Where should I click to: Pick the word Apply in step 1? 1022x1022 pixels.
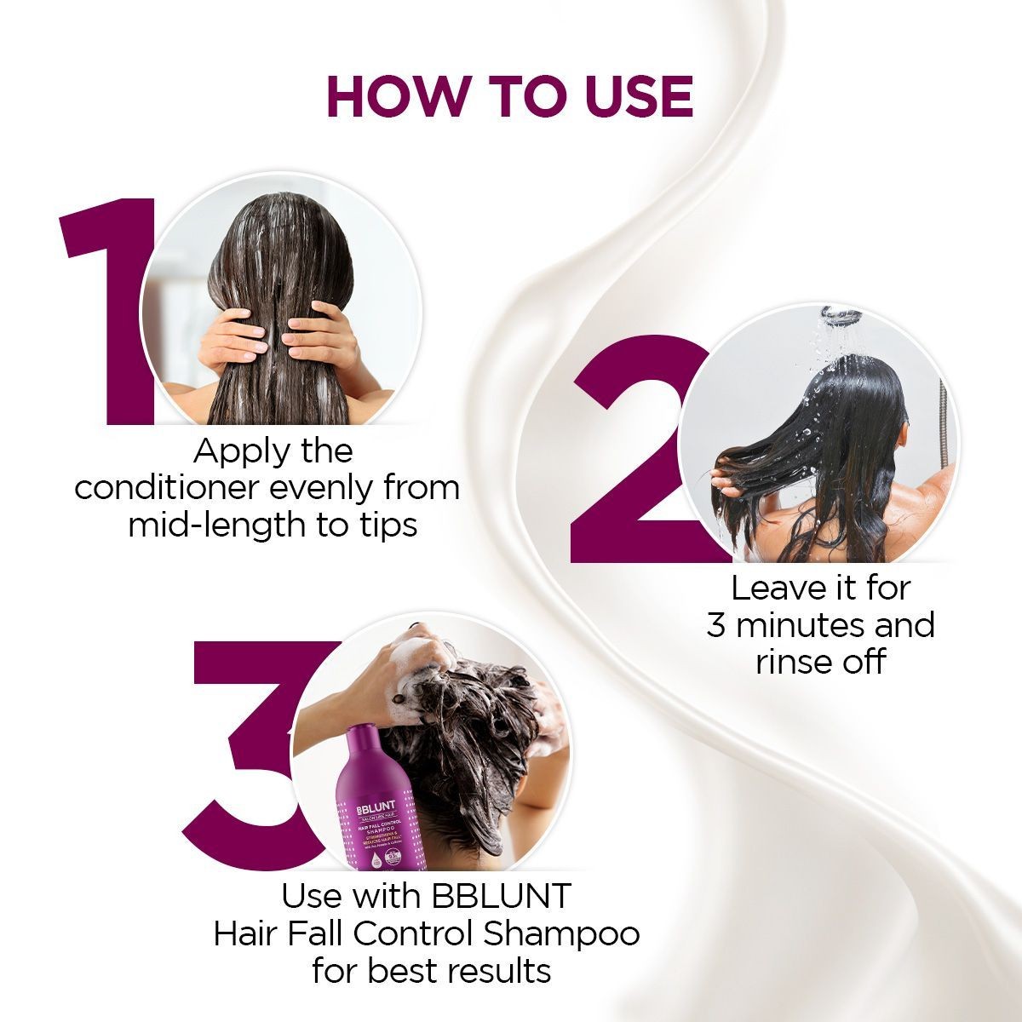pyautogui.click(x=230, y=451)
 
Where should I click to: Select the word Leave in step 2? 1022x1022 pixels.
pyautogui.click(x=766, y=588)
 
